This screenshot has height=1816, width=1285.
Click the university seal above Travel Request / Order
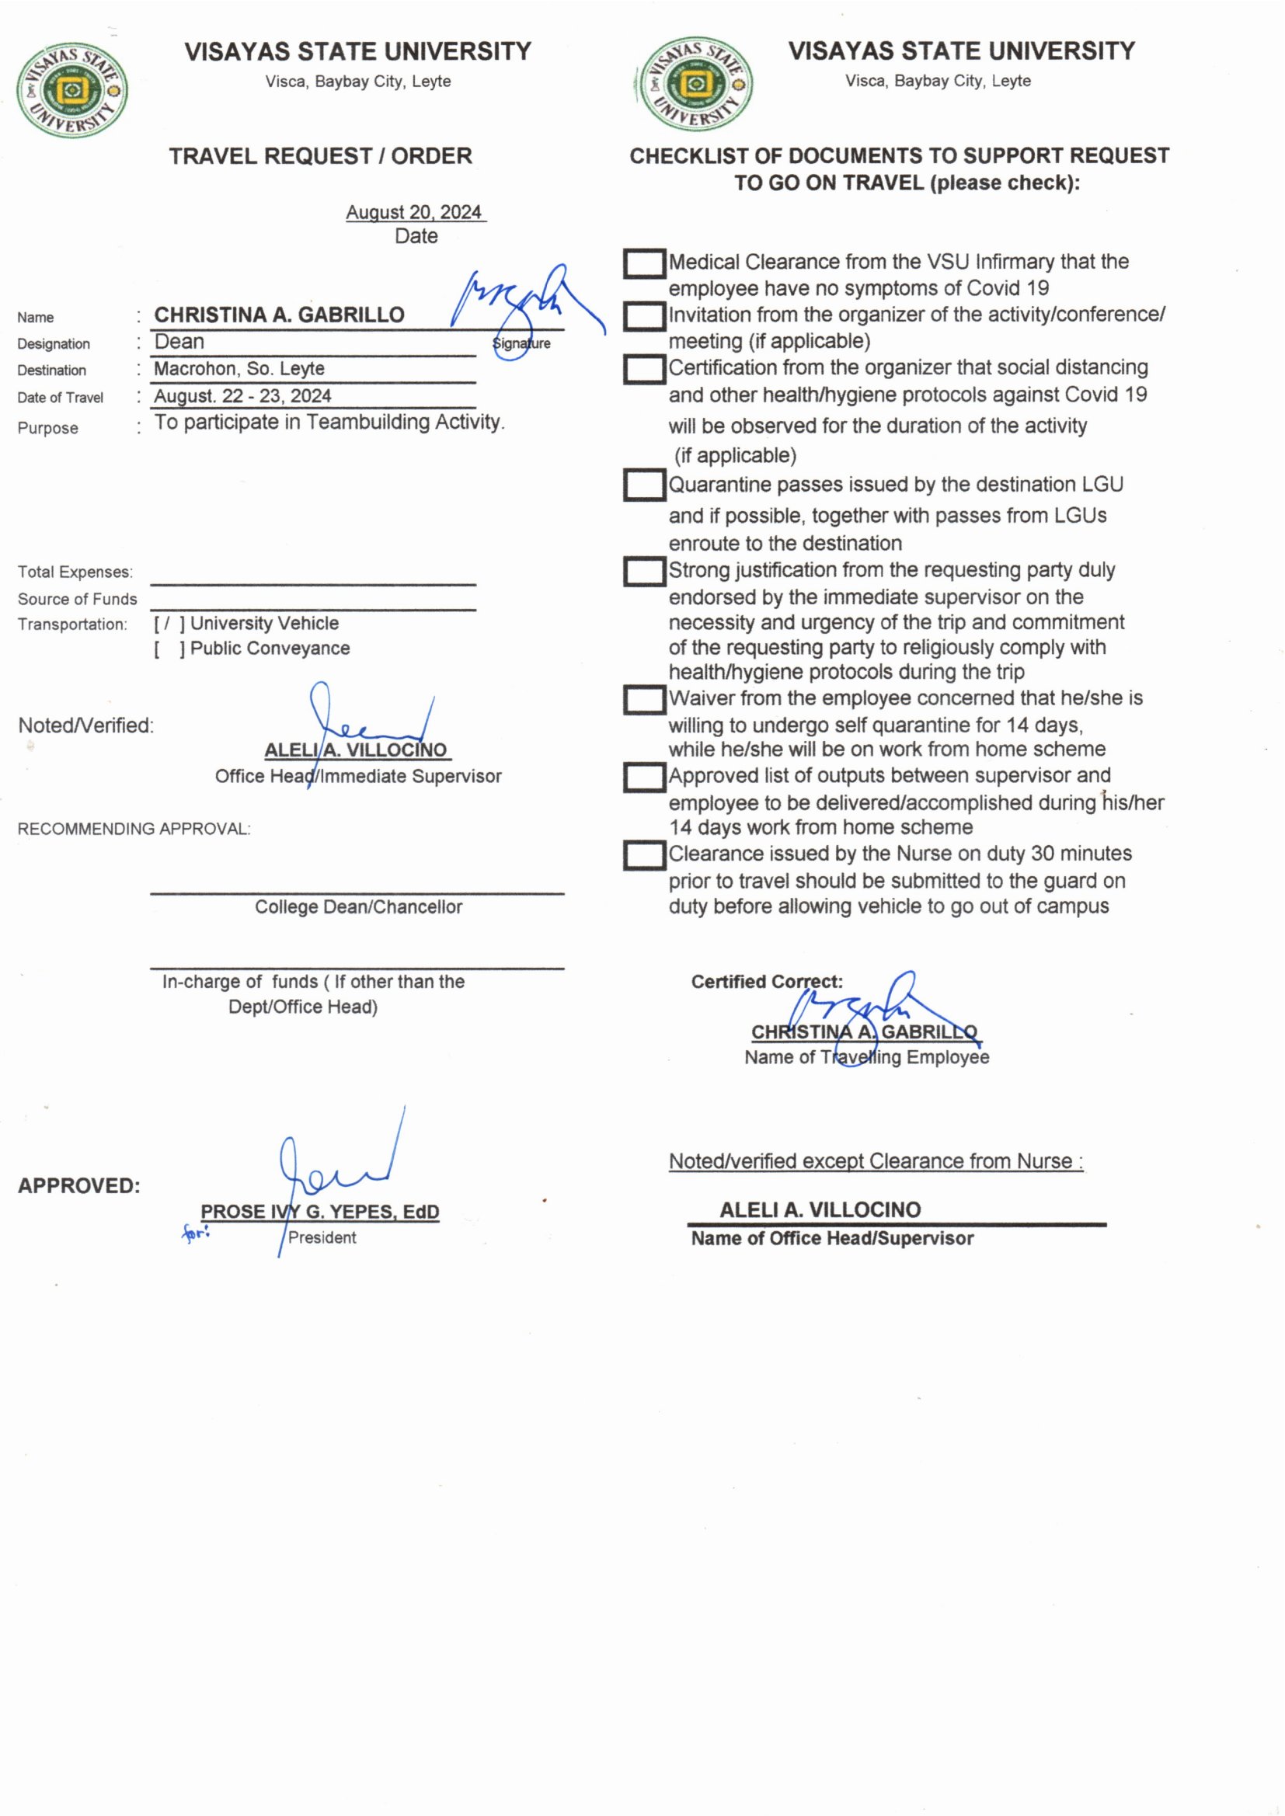click(x=71, y=90)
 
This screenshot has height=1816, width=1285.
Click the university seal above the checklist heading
click(x=694, y=85)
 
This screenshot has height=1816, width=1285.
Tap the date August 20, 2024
click(x=414, y=212)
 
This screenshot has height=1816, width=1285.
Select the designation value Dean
click(x=179, y=342)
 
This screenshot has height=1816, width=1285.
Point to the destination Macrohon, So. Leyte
click(x=239, y=369)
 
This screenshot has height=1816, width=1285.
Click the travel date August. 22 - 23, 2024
click(x=242, y=395)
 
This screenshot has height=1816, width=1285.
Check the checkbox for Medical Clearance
click(x=644, y=264)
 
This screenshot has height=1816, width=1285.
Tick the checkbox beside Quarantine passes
click(x=644, y=485)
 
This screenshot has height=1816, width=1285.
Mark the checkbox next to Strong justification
click(x=644, y=571)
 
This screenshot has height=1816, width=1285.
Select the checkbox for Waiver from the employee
click(x=644, y=699)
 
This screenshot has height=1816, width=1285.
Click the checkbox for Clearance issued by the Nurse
click(x=644, y=855)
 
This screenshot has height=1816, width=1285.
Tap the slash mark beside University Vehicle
click(x=166, y=624)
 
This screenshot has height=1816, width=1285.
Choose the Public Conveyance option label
click(x=270, y=649)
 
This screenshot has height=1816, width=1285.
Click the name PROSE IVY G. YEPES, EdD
click(x=319, y=1211)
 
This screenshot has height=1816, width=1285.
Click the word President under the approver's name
click(x=322, y=1237)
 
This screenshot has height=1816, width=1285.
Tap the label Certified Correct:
click(x=766, y=982)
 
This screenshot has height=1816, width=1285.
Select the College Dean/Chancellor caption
click(x=358, y=907)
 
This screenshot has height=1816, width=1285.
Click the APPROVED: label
click(x=79, y=1185)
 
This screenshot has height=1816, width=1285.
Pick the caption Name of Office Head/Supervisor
click(x=831, y=1239)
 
